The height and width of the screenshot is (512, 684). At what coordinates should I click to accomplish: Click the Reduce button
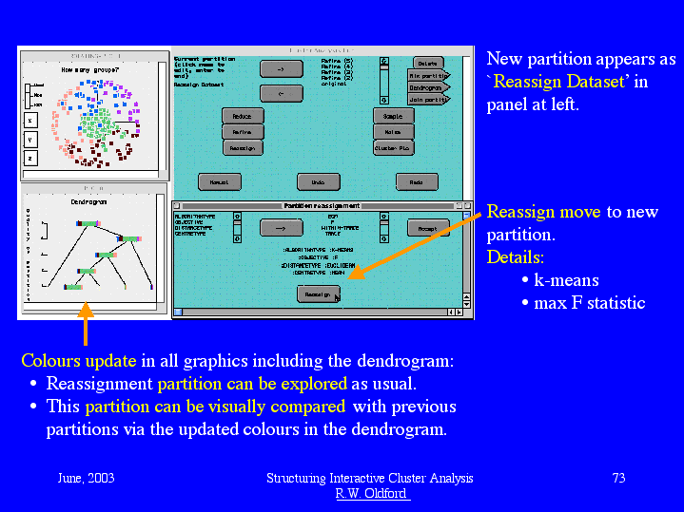click(x=242, y=116)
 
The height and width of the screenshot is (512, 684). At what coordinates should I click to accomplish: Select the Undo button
click(x=318, y=181)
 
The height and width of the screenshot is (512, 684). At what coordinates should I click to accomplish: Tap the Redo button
click(x=416, y=181)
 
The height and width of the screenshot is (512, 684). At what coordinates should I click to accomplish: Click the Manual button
click(x=219, y=181)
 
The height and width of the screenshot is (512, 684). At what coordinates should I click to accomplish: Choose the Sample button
click(x=393, y=116)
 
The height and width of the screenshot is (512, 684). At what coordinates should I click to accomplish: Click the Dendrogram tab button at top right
click(x=427, y=86)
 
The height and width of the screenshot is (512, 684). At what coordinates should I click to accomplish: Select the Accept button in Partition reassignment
click(x=427, y=228)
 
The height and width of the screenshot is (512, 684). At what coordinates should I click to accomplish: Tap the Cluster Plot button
click(x=393, y=148)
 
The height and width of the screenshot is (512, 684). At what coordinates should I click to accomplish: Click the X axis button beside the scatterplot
click(x=29, y=121)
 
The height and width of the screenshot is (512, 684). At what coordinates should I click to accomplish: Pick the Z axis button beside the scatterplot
click(x=29, y=158)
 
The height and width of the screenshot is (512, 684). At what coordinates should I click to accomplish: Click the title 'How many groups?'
click(x=87, y=69)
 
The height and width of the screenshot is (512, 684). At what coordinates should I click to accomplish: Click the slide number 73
click(x=618, y=478)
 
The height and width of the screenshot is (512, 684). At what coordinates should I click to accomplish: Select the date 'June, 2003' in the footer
click(x=86, y=478)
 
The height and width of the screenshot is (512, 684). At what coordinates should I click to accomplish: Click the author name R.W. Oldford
click(x=370, y=493)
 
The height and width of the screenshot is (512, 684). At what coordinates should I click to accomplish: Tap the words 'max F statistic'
click(x=589, y=303)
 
